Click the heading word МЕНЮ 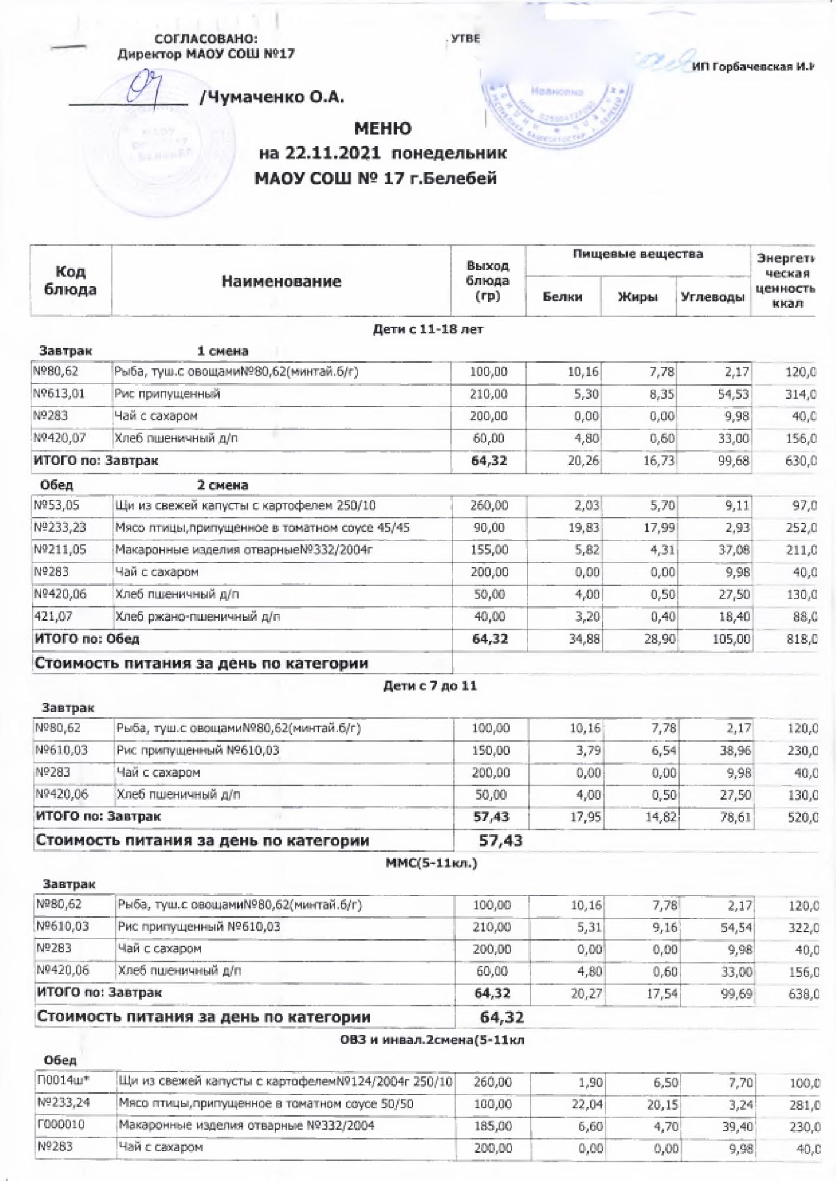click(383, 128)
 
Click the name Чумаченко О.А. click(272, 97)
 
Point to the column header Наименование click(281, 281)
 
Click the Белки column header click(562, 297)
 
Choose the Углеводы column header click(712, 297)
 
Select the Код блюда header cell click(70, 280)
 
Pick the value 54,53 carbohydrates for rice click(733, 394)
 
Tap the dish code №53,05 click(57, 505)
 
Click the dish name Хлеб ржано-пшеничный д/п click(198, 616)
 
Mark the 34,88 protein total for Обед click(583, 639)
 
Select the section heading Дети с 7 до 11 click(430, 686)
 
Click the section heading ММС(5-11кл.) click(431, 863)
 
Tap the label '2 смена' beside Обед click(222, 485)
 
